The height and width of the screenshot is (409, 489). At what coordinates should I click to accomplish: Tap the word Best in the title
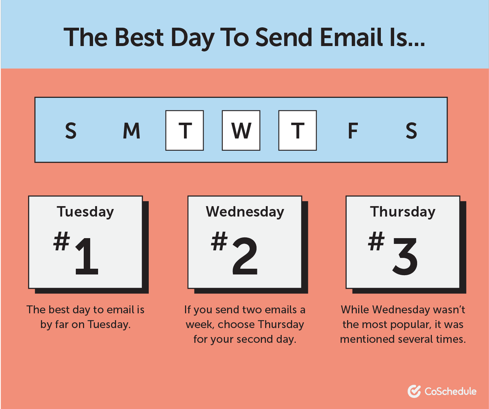(139, 37)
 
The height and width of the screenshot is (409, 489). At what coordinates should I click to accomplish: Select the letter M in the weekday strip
(132, 131)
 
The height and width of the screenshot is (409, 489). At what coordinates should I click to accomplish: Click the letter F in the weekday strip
(353, 131)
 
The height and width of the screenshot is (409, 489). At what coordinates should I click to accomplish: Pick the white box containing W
(241, 130)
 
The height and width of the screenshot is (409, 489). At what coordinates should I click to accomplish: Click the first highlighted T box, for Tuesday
(185, 130)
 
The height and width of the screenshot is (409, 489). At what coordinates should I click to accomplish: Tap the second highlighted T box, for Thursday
(297, 130)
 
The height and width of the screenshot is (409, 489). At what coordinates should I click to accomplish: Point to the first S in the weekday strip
(71, 131)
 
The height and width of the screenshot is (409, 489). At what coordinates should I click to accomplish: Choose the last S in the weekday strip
(411, 131)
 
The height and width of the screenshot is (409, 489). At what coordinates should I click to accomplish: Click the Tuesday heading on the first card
(85, 212)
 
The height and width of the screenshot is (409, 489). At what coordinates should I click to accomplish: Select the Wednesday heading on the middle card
(245, 212)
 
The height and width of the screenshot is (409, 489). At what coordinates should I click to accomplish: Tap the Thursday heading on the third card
(402, 212)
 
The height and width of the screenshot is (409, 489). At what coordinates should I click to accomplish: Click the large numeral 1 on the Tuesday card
(87, 256)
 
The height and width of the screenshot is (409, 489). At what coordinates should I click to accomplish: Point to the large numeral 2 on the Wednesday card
(245, 256)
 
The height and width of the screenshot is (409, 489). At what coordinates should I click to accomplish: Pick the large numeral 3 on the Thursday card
(405, 256)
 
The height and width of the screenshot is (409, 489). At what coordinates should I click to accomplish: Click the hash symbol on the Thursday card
(376, 241)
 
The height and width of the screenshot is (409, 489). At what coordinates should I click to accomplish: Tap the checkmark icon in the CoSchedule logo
(414, 391)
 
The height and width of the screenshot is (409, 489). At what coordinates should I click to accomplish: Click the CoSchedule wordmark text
(450, 391)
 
